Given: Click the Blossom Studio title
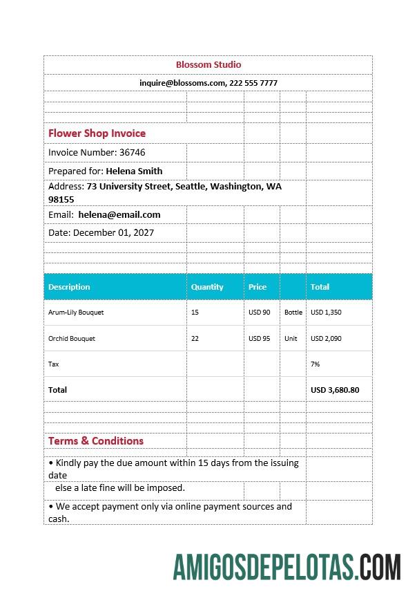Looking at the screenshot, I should [x=208, y=64].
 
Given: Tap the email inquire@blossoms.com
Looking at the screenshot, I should [x=182, y=82].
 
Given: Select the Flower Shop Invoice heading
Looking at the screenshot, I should [x=97, y=133].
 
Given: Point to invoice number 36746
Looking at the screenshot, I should [x=132, y=152].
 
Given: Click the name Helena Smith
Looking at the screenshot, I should [x=134, y=171].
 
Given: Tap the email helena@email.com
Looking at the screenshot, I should [x=119, y=214].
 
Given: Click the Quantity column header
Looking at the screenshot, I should [x=207, y=287].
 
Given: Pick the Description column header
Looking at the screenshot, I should [x=69, y=287].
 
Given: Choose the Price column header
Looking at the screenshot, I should [x=258, y=287].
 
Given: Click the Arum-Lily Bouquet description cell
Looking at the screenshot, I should [x=76, y=313].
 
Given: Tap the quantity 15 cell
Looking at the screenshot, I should [x=195, y=313].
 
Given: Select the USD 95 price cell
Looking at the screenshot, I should [x=260, y=339].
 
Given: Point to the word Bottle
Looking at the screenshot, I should [x=293, y=313].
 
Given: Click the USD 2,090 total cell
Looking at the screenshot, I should [x=326, y=339].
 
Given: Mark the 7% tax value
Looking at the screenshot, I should [x=316, y=364].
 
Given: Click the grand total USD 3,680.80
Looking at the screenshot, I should [x=335, y=390].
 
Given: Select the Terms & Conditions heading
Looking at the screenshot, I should [x=96, y=440].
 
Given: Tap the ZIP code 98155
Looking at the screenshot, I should [x=61, y=199].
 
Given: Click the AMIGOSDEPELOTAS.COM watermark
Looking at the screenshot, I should [x=287, y=566].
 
